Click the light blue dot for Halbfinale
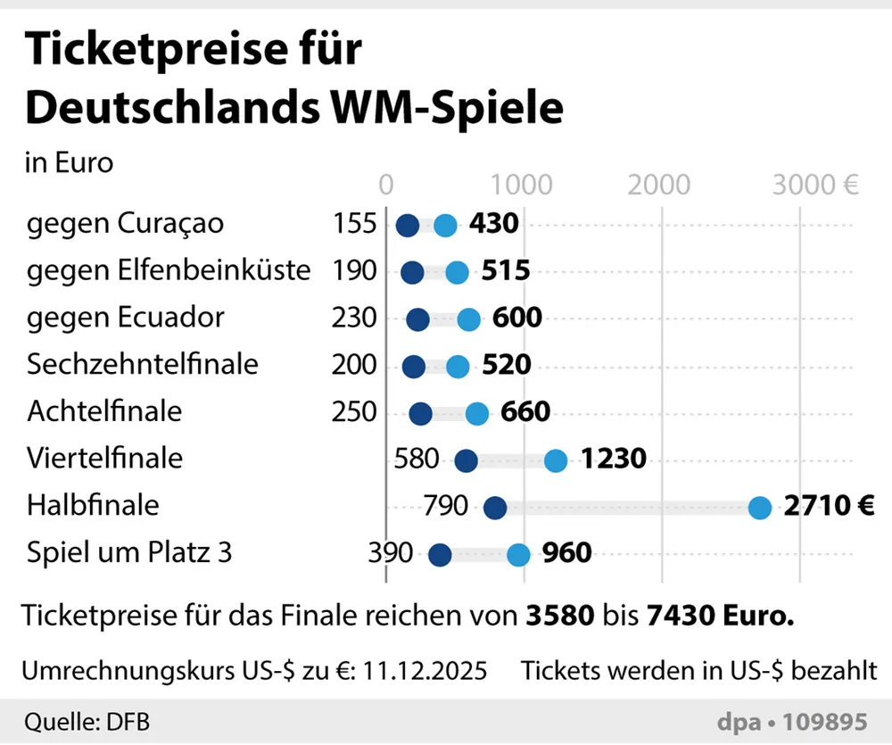pos(759,508)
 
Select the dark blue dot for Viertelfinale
pos(466,460)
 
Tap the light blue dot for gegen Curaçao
pos(445,226)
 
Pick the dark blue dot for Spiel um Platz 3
pos(440,555)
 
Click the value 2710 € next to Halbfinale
pos(829,507)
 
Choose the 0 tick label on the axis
pos(386,185)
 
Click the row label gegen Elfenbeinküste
pos(169,269)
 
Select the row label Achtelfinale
pos(104,411)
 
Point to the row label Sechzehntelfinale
pos(143,364)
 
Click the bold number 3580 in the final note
pos(558,616)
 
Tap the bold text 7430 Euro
pos(718,616)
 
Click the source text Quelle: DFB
pos(81,721)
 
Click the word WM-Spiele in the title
pos(460,108)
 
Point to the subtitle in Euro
pos(70,163)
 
